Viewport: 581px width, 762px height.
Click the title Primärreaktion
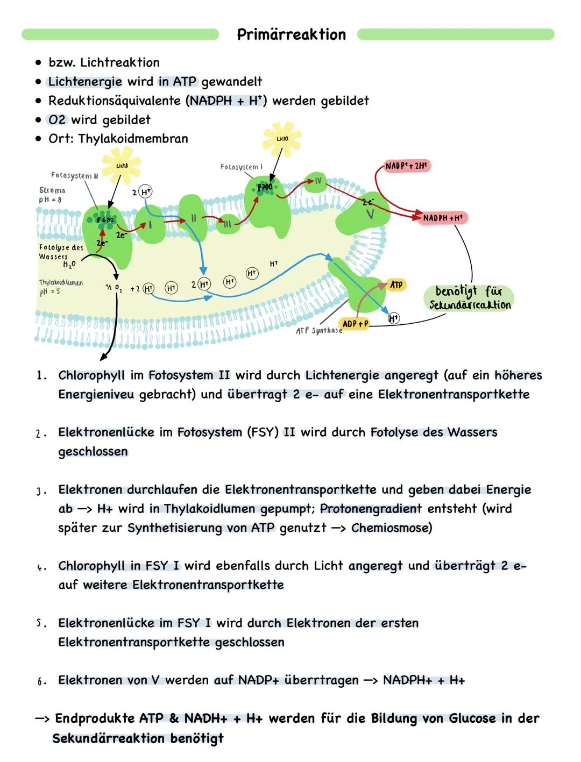click(x=291, y=35)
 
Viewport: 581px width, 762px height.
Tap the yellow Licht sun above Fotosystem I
click(x=282, y=139)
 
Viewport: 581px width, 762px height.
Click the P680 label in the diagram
click(x=105, y=220)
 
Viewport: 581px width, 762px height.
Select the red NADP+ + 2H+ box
click(x=407, y=166)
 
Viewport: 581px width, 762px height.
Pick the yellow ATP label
click(x=396, y=285)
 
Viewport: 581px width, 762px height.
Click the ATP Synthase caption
click(x=319, y=331)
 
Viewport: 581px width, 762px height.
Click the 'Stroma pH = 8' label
click(x=52, y=195)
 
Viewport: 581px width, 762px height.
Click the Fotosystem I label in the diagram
click(x=242, y=167)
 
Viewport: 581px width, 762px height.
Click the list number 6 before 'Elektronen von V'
click(x=40, y=681)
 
